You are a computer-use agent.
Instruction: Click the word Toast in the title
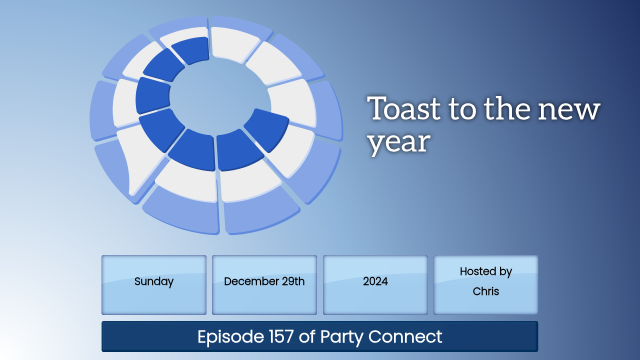[x=403, y=108]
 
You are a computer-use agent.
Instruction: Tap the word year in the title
[x=399, y=143]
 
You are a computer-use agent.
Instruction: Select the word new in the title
[x=568, y=110]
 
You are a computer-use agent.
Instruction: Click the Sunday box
[x=154, y=285]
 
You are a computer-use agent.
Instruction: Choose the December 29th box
[x=264, y=285]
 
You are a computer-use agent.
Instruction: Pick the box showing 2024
[x=375, y=285]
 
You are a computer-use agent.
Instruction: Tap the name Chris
[x=485, y=291]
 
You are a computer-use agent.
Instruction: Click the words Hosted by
[x=485, y=271]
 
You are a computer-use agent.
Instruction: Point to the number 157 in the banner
[x=281, y=336]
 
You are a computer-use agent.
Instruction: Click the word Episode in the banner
[x=230, y=337]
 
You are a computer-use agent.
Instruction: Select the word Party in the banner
[x=341, y=337]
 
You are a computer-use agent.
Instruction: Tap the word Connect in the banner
[x=405, y=336]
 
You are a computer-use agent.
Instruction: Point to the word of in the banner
[x=307, y=336]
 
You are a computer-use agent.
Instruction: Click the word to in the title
[x=462, y=109]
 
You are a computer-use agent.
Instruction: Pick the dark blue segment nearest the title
[x=266, y=130]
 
